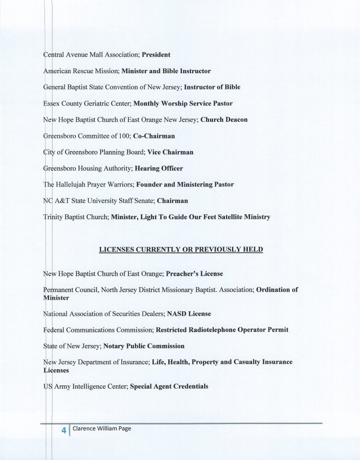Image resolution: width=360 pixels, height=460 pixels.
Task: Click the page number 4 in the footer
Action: point(64,430)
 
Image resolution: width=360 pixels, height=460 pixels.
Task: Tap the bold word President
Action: point(156,56)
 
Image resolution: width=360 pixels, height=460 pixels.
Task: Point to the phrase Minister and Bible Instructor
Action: point(166,71)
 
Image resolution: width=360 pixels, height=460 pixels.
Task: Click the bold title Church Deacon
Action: point(224,120)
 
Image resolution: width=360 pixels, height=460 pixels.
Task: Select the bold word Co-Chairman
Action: point(154,136)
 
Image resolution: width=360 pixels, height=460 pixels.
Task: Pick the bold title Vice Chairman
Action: point(170,152)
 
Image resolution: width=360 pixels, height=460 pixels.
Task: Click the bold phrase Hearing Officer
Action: point(159,168)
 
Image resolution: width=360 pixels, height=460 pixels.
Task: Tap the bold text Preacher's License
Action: point(194,273)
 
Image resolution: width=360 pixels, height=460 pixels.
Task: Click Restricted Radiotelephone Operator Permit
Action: point(222,330)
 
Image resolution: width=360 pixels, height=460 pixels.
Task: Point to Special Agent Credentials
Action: point(169,386)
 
